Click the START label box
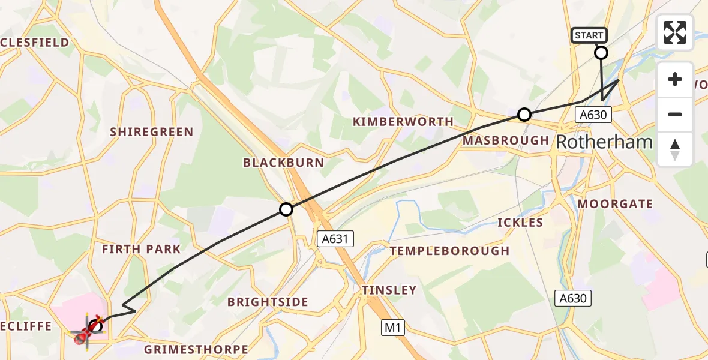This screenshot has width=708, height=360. click(589, 35)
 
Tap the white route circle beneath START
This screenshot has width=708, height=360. click(601, 53)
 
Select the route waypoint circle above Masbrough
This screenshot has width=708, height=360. click(524, 114)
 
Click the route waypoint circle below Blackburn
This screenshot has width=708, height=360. click(286, 209)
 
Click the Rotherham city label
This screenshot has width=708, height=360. click(604, 142)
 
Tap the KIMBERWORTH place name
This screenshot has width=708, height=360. click(403, 122)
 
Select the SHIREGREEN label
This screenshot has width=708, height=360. click(151, 132)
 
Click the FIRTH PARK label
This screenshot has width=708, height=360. click(141, 249)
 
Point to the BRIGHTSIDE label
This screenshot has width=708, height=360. click(268, 302)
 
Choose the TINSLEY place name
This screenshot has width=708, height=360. click(389, 290)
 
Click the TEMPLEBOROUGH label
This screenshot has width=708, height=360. click(449, 251)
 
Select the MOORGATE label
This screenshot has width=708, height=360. click(615, 204)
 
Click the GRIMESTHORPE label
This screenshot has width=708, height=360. click(196, 349)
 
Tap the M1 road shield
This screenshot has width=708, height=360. click(393, 328)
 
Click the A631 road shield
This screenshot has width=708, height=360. click(335, 239)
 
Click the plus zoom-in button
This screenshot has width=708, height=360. click(675, 79)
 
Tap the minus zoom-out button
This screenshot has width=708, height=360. click(675, 114)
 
